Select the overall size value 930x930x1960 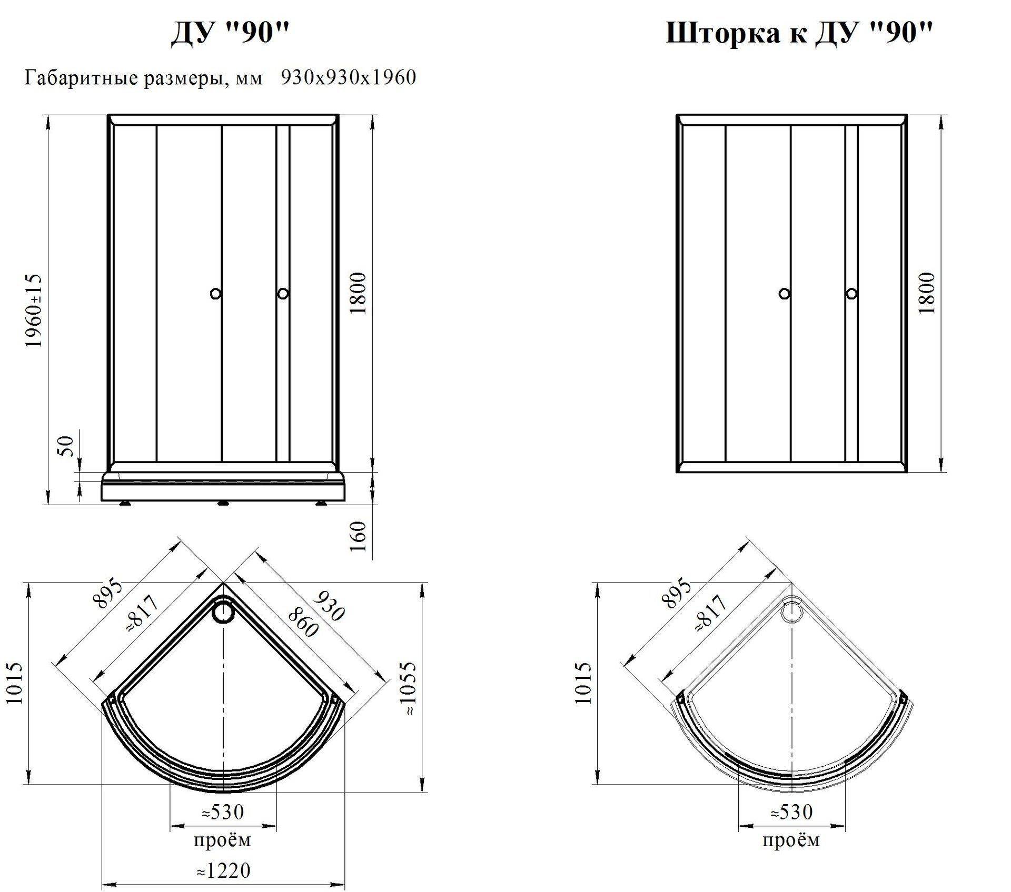pyautogui.click(x=349, y=77)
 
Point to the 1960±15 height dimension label pyautogui.click(x=34, y=310)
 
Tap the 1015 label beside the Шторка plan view pyautogui.click(x=583, y=683)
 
